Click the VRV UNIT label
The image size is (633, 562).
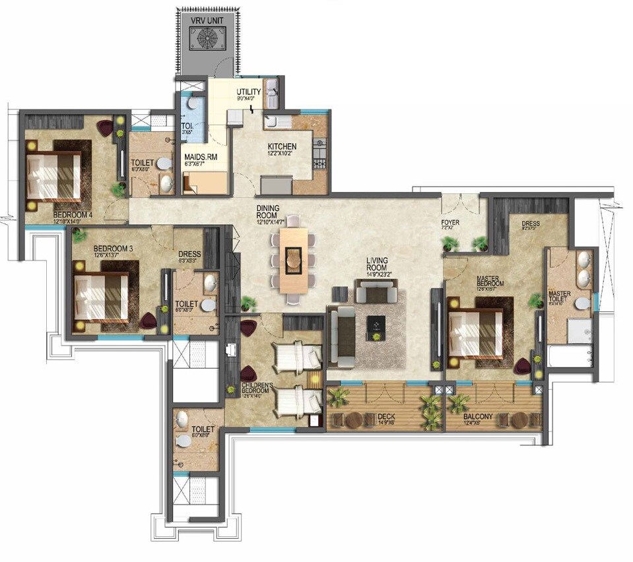[x=207, y=20]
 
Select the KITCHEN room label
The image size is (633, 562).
[x=282, y=146]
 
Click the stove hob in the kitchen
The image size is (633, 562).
[x=319, y=153]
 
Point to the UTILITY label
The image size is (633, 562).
[x=249, y=92]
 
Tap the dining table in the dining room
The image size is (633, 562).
[x=293, y=259]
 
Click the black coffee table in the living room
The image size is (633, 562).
[x=376, y=324]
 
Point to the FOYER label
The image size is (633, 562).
[x=450, y=222]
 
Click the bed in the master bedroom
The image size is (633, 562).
[x=475, y=333]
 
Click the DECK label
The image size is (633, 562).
[x=385, y=416]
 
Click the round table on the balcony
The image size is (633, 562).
[x=519, y=420]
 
